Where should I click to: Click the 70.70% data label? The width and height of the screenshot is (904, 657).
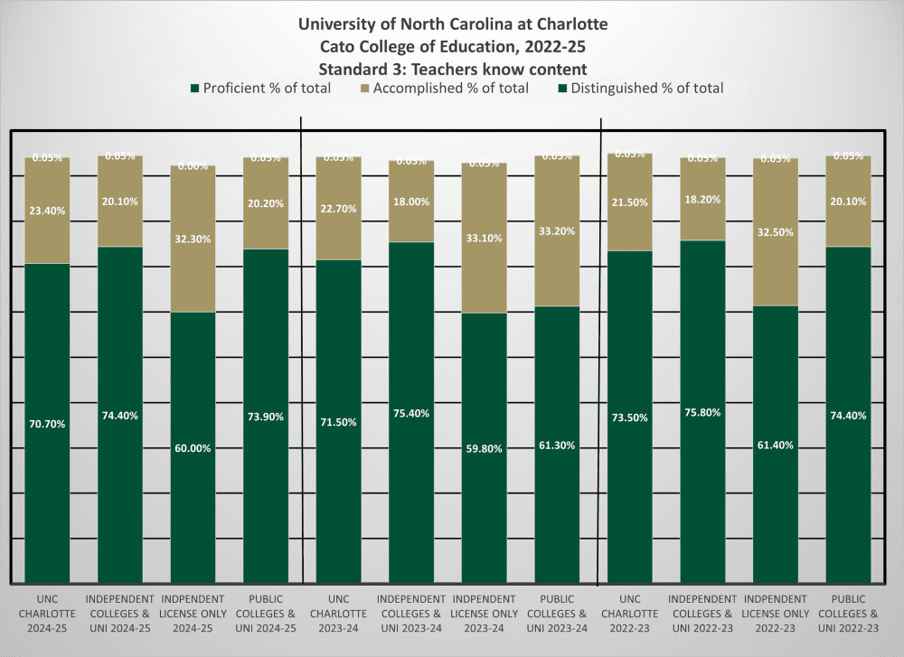pyautogui.click(x=47, y=423)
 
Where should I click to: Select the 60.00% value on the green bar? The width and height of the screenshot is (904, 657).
pyautogui.click(x=193, y=447)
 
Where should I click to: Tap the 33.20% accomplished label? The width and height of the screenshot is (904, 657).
pyautogui.click(x=557, y=230)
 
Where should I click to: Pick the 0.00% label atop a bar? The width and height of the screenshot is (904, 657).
pyautogui.click(x=193, y=166)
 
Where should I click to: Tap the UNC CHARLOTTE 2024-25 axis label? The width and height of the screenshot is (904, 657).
pyautogui.click(x=47, y=613)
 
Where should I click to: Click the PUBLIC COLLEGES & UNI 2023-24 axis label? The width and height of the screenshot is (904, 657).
pyautogui.click(x=557, y=613)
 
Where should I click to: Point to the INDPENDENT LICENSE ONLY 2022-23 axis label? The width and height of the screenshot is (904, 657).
pyautogui.click(x=775, y=613)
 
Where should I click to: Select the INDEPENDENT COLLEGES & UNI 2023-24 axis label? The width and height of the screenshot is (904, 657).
pyautogui.click(x=411, y=613)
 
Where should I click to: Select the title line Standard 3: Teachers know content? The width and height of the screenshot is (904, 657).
pyautogui.click(x=453, y=68)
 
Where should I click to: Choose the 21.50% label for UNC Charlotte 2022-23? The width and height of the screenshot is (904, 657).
pyautogui.click(x=629, y=202)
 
